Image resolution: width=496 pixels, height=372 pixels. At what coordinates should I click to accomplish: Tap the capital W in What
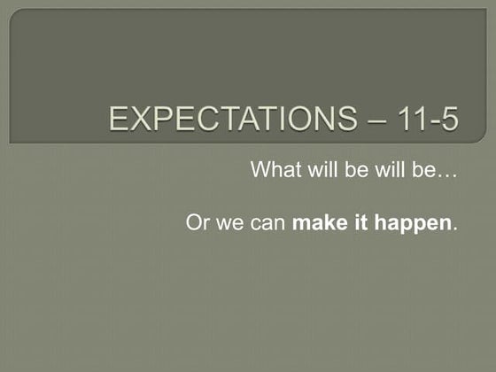[x=261, y=169]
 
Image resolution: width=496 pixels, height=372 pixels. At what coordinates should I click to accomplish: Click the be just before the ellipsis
[x=416, y=169]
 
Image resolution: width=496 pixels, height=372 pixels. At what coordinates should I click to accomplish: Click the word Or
[x=197, y=222]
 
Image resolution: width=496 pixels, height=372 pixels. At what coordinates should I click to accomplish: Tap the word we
[x=227, y=224]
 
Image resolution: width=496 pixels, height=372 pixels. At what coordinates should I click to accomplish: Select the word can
[x=267, y=224]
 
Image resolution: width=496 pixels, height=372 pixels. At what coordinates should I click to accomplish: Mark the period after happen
[x=455, y=229]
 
